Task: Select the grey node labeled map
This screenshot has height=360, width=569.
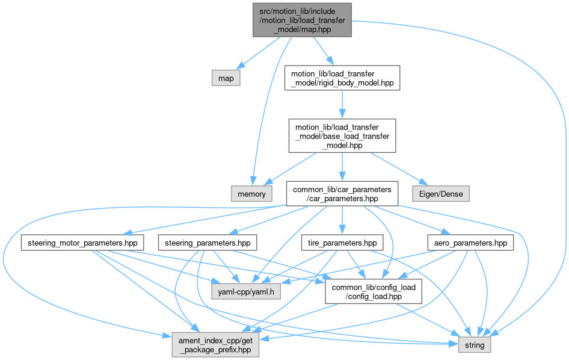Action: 226,78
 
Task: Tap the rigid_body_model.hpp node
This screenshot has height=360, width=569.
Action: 342,78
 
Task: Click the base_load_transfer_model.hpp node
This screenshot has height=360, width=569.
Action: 342,135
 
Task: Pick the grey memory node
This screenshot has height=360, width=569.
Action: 251,193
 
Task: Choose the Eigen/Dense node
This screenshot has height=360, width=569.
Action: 440,193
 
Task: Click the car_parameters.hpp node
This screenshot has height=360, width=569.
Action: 342,193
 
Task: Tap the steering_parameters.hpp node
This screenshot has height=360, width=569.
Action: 208,243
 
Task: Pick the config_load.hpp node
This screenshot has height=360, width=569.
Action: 371,292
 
